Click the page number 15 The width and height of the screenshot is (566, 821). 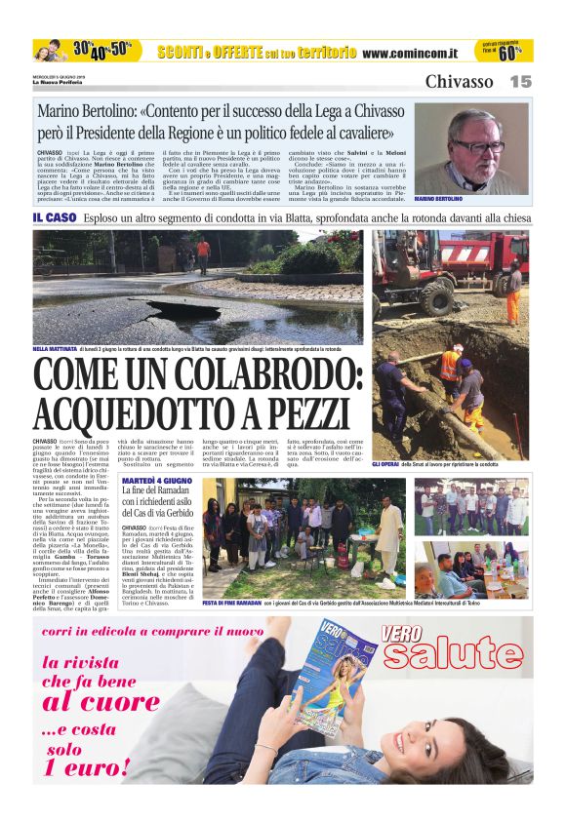pyautogui.click(x=520, y=82)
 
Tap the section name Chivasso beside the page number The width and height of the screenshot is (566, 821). pyautogui.click(x=459, y=82)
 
